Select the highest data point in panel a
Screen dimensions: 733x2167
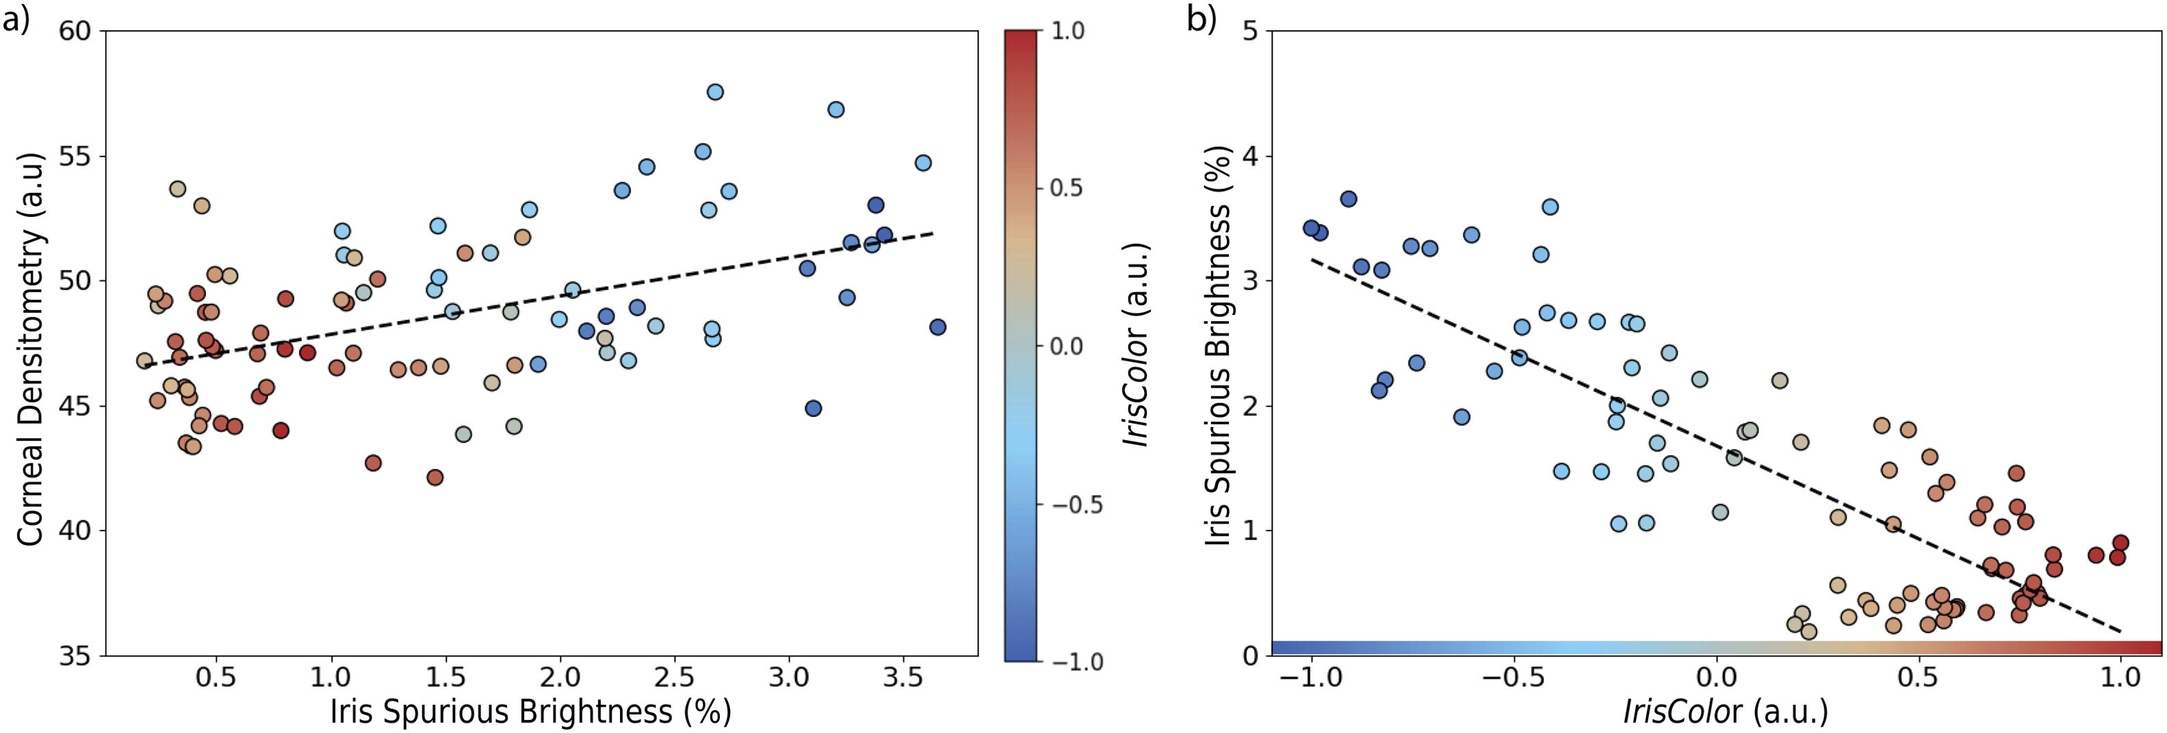[x=715, y=92]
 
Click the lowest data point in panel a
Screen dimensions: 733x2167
[x=435, y=477]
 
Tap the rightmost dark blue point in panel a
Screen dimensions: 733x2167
[x=937, y=327]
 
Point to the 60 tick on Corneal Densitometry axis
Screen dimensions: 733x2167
[x=74, y=31]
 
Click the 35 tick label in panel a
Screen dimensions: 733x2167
[x=74, y=656]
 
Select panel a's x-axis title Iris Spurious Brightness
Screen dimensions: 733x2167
[x=530, y=712]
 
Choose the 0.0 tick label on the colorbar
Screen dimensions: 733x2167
[x=1067, y=346]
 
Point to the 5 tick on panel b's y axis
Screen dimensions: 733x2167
[x=1250, y=31]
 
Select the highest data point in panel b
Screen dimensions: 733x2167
[x=1349, y=199]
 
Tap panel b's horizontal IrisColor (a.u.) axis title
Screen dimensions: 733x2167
[x=1726, y=712]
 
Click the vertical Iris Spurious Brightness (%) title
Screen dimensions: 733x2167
[x=1219, y=345]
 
